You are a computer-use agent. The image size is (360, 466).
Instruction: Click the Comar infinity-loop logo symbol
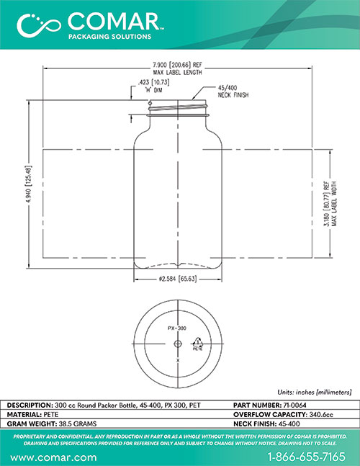click(39, 25)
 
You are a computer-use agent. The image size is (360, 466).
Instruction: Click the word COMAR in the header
click(114, 21)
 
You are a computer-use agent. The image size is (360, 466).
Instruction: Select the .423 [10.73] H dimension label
click(154, 86)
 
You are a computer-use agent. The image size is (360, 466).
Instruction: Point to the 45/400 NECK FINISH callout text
click(233, 91)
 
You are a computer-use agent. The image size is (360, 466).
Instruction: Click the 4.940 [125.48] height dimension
click(29, 184)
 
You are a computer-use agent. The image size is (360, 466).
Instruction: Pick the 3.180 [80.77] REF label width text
click(330, 204)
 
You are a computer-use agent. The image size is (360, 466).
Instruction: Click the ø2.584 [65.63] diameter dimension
click(178, 279)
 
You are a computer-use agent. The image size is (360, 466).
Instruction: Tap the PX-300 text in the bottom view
click(177, 328)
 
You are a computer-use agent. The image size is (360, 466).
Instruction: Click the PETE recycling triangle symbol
click(198, 344)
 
